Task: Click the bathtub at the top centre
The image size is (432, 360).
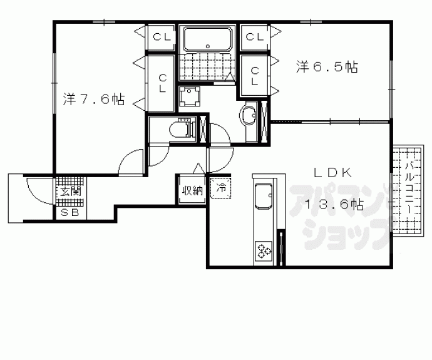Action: pos(208,39)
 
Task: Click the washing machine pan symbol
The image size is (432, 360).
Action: pos(189,96)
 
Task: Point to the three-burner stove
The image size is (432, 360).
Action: pos(264,250)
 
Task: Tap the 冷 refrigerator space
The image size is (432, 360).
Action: pos(220,188)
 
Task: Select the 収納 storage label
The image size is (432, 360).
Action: pos(192,190)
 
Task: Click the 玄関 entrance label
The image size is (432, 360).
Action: pos(71,191)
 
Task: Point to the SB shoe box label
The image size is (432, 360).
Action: pos(69,213)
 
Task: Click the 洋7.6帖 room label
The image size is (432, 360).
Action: pos(94,99)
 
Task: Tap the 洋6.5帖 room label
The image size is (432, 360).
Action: pos(327,66)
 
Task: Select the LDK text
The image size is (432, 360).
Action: pos(333,173)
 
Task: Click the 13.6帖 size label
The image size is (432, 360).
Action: pos(334,204)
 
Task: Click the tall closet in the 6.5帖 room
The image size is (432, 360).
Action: pos(254,76)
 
